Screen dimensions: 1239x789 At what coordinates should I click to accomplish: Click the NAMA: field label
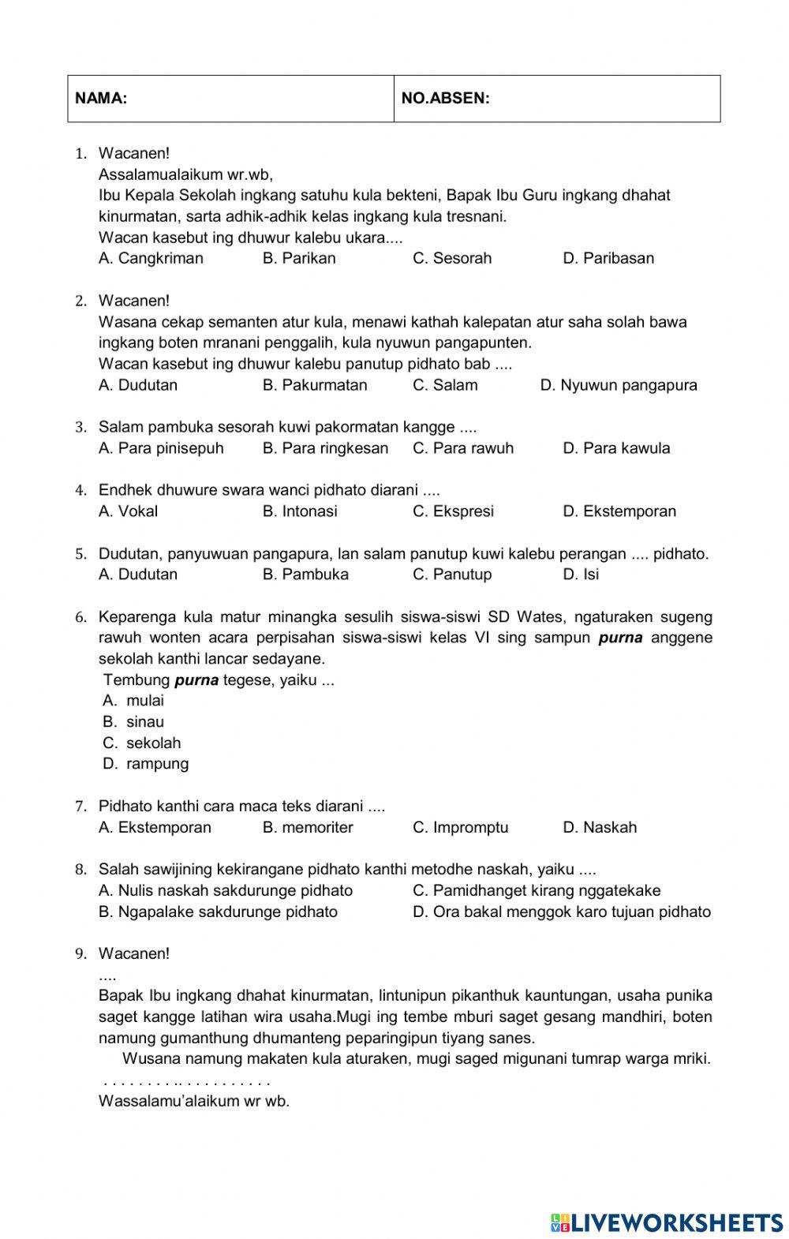(x=101, y=99)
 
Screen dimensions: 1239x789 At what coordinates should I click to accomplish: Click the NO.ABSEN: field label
(x=445, y=99)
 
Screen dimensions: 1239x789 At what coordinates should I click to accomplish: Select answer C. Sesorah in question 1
(x=452, y=258)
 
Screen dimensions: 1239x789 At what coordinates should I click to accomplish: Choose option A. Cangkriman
(x=151, y=258)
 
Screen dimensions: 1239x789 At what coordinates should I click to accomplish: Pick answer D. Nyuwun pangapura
(x=619, y=385)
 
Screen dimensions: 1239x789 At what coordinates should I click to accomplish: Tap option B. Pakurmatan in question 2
(x=315, y=385)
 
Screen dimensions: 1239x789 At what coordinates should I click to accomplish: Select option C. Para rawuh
(x=463, y=448)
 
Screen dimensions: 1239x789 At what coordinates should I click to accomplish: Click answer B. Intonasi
(x=300, y=511)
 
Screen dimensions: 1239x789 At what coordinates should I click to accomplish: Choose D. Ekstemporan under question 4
(x=619, y=511)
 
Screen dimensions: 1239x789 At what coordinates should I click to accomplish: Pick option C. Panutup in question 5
(x=452, y=575)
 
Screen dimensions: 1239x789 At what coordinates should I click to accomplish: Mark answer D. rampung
(x=146, y=764)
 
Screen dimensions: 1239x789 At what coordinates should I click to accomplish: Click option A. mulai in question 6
(x=133, y=701)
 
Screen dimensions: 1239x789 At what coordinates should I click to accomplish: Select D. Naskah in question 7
(x=600, y=828)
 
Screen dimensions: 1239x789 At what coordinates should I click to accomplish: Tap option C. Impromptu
(x=461, y=828)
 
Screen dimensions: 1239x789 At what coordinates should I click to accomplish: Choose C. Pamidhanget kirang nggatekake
(x=537, y=891)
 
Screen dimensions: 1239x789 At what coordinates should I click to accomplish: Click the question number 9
(x=80, y=954)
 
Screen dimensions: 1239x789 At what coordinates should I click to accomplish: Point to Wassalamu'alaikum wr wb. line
(x=194, y=1102)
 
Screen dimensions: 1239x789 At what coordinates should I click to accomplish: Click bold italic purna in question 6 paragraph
(x=620, y=638)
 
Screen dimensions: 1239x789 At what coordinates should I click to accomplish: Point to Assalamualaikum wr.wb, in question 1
(x=186, y=174)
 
